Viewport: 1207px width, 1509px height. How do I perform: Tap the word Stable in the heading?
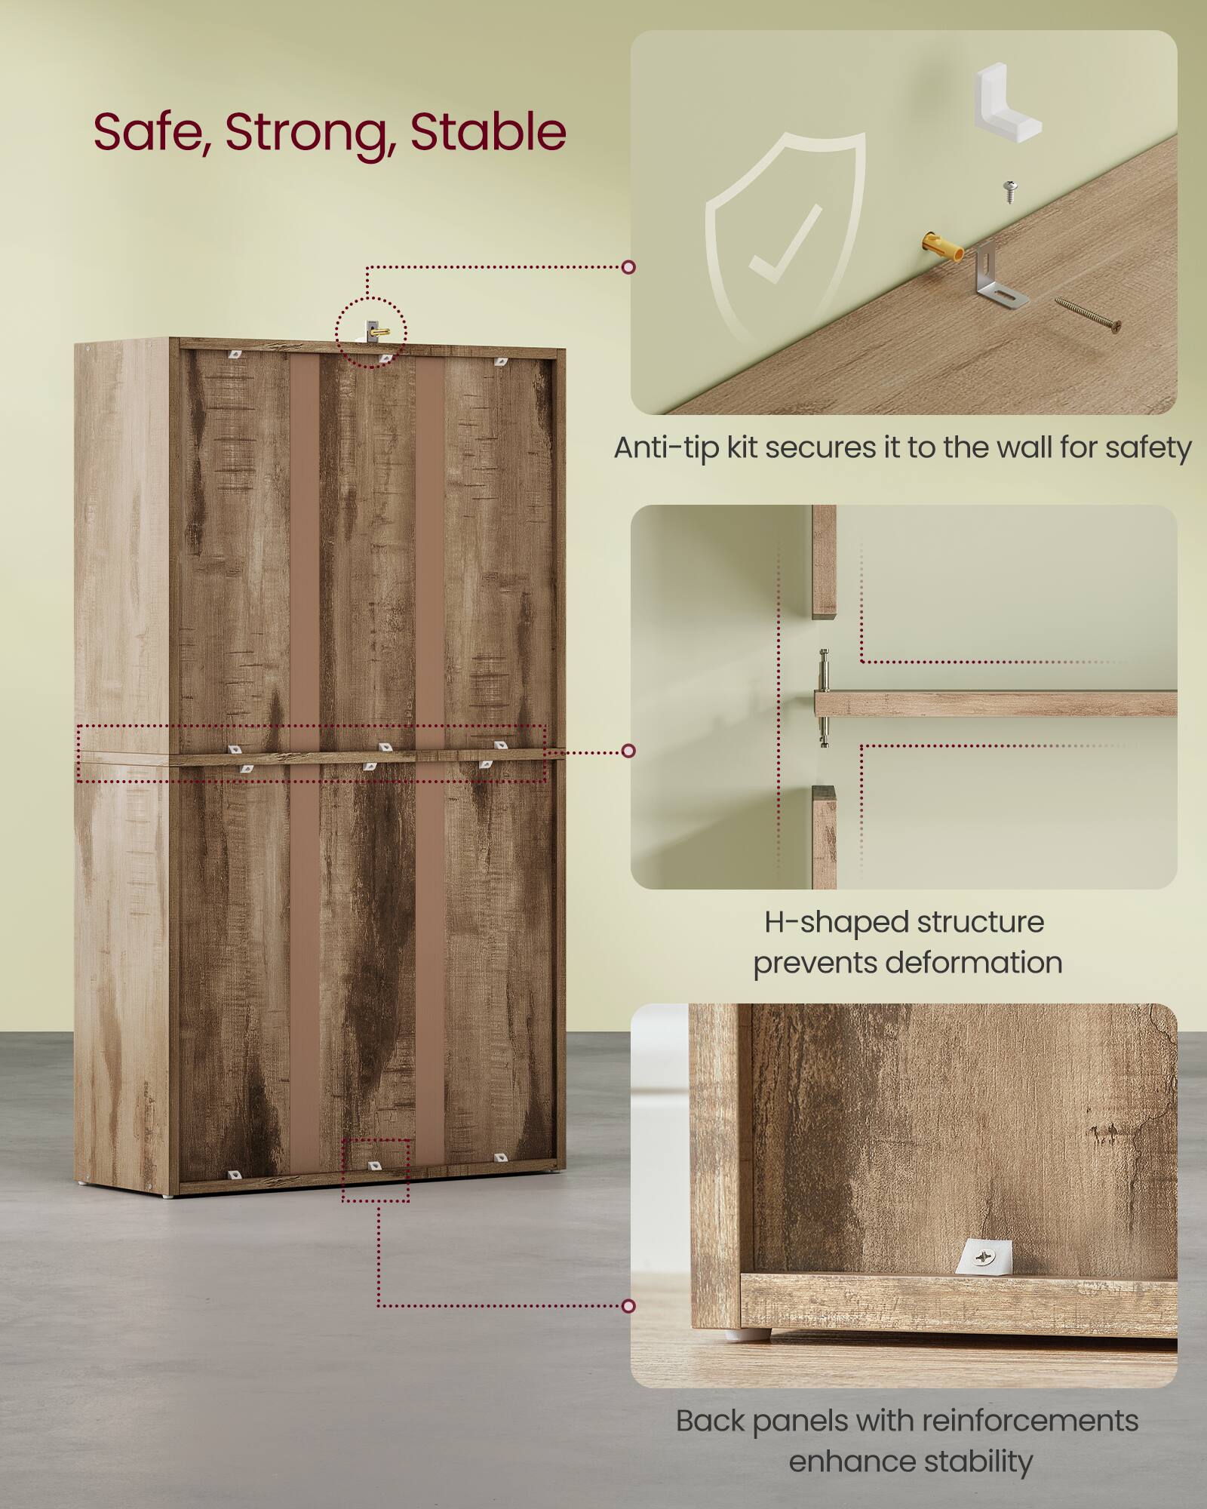(487, 133)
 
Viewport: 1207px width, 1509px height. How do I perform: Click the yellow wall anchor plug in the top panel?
(942, 247)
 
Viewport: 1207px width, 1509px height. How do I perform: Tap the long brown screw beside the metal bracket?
(1087, 315)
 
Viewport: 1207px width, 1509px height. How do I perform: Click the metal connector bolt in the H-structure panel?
(824, 697)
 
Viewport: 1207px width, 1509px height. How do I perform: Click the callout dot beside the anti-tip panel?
(628, 267)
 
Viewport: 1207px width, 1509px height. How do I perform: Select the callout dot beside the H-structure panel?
(628, 751)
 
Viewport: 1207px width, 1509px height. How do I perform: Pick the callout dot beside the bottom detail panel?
(628, 1306)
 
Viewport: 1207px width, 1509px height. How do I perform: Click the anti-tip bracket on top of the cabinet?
(373, 330)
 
